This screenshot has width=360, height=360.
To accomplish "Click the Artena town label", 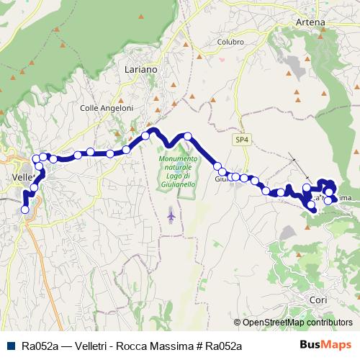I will [311, 22].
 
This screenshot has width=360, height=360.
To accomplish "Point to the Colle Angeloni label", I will [106, 108].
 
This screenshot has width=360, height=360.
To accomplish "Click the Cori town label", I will [318, 299].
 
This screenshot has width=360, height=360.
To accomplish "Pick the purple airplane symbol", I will [171, 215].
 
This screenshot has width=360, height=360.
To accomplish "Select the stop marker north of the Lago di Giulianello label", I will [188, 136].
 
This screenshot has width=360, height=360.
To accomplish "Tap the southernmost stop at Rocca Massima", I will [312, 209].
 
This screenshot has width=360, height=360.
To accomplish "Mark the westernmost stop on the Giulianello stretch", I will [217, 166].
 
